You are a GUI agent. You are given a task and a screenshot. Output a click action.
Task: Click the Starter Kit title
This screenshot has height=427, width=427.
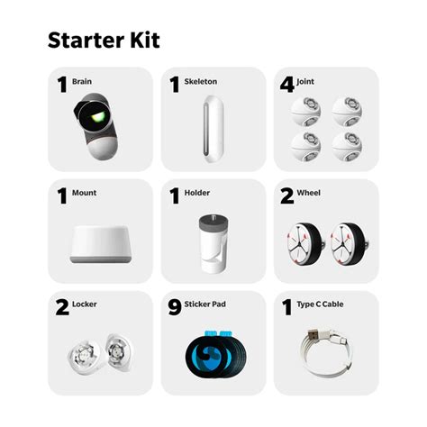point(104,41)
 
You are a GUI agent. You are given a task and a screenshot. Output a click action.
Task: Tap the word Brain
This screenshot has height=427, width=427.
point(82,82)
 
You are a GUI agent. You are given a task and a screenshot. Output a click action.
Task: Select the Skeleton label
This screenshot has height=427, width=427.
point(202,82)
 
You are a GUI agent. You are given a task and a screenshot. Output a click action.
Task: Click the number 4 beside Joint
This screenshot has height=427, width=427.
point(286,85)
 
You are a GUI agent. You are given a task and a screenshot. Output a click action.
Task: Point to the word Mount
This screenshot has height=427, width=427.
point(84,193)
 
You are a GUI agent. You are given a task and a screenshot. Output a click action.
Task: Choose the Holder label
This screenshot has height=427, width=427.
point(198,193)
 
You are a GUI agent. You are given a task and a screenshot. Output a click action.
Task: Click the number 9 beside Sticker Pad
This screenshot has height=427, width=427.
point(175,307)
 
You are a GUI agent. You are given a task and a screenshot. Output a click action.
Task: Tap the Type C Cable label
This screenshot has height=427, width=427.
point(324,304)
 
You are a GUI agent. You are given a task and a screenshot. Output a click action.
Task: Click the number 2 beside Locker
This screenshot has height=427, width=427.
point(61,307)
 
